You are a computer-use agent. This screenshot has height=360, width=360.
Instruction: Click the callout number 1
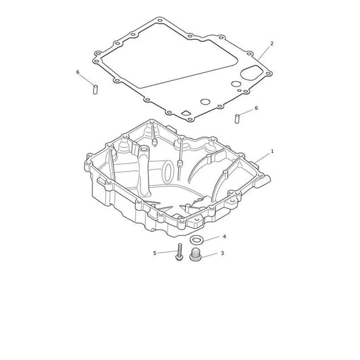pyautogui.click(x=272, y=151)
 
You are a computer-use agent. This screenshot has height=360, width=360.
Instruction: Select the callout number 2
pyautogui.click(x=272, y=43)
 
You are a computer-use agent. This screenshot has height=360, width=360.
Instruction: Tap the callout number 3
pyautogui.click(x=222, y=253)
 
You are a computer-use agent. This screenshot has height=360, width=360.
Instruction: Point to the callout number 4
pyautogui.click(x=224, y=236)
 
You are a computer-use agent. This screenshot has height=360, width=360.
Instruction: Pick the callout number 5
pyautogui.click(x=155, y=253)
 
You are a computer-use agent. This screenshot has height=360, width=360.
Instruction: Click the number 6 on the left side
pyautogui.click(x=78, y=72)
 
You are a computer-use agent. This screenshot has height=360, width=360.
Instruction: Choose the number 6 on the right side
pyautogui.click(x=256, y=108)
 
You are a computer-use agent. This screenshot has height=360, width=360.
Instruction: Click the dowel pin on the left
pyautogui.click(x=95, y=89)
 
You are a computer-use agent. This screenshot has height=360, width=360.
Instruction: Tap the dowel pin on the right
pyautogui.click(x=237, y=119)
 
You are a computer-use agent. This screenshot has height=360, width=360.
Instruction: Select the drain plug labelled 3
pyautogui.click(x=195, y=255)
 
